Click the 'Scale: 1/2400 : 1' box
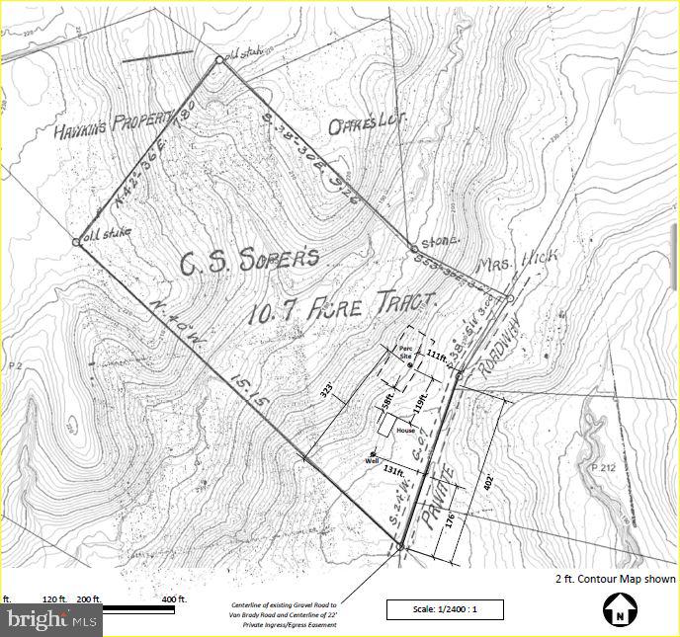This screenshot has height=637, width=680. pyautogui.click(x=444, y=609)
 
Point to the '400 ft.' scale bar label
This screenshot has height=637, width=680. pyautogui.click(x=174, y=599)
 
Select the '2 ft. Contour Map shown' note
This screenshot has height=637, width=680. pyautogui.click(x=615, y=580)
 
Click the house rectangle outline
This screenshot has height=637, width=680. pyautogui.click(x=405, y=430)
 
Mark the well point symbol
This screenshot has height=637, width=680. pyautogui.click(x=373, y=453)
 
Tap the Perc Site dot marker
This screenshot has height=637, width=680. pyautogui.click(x=409, y=365)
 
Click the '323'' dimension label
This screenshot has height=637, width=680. pyautogui.click(x=324, y=393)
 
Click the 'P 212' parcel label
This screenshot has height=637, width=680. pyautogui.click(x=603, y=466)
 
